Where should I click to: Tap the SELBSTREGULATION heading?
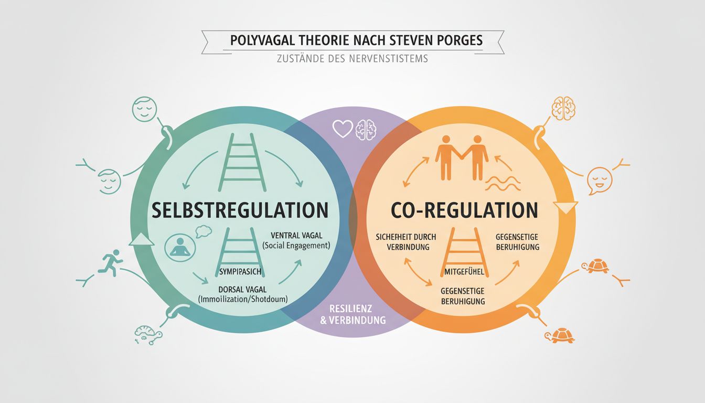[x=240, y=210]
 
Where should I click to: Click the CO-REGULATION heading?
[x=465, y=210]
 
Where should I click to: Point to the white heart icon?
[x=343, y=129]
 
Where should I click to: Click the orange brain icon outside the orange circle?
[x=563, y=108]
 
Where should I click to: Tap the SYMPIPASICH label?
[x=241, y=271]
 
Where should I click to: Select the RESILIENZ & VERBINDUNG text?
[x=352, y=314]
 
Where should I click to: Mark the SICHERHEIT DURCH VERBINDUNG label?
[x=402, y=241]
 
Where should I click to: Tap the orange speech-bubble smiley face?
[x=599, y=179]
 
